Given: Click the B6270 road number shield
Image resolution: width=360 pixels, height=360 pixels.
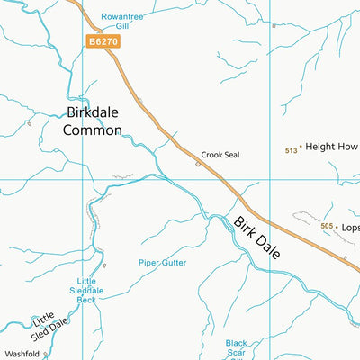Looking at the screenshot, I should pyautogui.click(x=103, y=41).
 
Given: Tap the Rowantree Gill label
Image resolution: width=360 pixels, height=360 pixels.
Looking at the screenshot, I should pyautogui.click(x=122, y=21).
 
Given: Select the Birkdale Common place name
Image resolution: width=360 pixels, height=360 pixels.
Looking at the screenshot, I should pyautogui.click(x=93, y=121).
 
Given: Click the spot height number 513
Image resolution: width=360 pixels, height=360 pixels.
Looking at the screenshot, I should pyautogui.click(x=291, y=150).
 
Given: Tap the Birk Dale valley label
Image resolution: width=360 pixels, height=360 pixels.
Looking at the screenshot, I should pyautogui.click(x=257, y=238).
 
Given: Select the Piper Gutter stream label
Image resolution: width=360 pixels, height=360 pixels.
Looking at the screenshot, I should pyautogui.click(x=162, y=263).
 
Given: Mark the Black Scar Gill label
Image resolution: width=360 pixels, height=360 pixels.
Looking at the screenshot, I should pyautogui.click(x=236, y=348).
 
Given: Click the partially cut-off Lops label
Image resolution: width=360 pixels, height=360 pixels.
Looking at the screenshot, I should pyautogui.click(x=350, y=228).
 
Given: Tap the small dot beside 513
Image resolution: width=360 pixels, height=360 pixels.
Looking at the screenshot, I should pyautogui.click(x=301, y=146).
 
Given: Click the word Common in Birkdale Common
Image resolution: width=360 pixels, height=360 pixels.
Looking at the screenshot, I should pyautogui.click(x=93, y=130).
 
